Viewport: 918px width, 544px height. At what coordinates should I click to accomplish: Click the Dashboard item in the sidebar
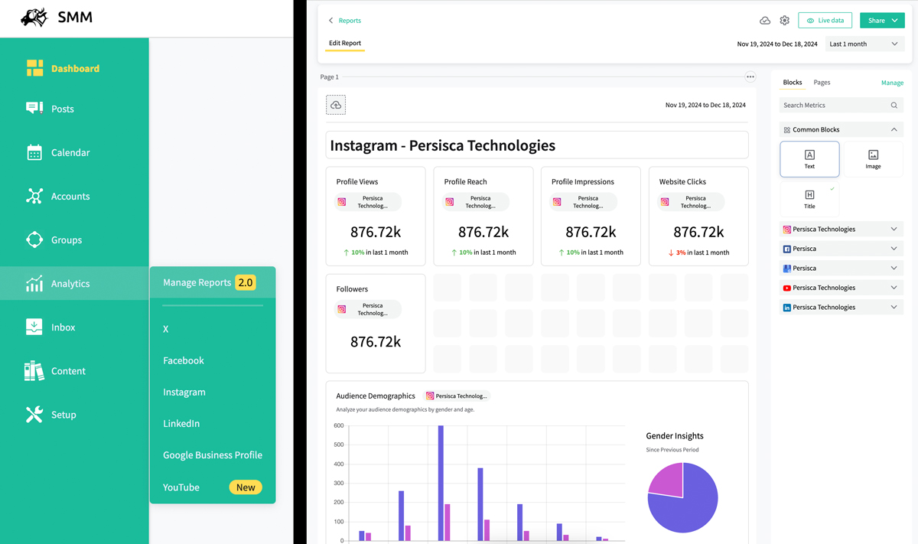[x=74, y=69]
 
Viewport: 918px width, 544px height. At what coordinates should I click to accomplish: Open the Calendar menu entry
[x=70, y=153]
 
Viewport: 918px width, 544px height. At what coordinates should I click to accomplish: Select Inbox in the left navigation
[x=63, y=327]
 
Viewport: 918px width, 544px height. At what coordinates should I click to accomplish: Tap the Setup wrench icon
[x=34, y=415]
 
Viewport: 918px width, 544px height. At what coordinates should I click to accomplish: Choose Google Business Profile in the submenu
[x=212, y=455]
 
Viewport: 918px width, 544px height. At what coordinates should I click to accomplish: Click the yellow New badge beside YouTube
[x=246, y=487]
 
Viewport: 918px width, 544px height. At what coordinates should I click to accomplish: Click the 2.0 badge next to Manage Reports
[x=245, y=282]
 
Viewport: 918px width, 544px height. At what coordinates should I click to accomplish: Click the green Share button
[x=881, y=21]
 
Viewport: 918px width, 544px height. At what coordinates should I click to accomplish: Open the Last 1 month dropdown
[x=864, y=44]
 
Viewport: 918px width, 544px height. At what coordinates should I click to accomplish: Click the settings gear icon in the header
[x=784, y=21]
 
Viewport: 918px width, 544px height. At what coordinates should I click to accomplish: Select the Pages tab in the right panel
[x=822, y=83]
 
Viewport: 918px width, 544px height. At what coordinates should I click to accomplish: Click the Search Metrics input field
[x=835, y=106]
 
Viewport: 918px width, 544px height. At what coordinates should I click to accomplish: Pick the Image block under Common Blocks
[x=873, y=159]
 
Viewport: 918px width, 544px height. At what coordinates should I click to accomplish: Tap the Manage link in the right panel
[x=892, y=83]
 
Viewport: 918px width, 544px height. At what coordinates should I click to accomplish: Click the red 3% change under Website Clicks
[x=680, y=252]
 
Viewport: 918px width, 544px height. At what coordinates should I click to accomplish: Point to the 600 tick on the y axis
[x=339, y=425]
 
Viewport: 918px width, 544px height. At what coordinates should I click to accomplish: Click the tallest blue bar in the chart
[x=441, y=482]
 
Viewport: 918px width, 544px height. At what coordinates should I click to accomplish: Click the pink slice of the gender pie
[x=666, y=479]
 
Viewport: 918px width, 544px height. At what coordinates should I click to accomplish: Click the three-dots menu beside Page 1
[x=750, y=77]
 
